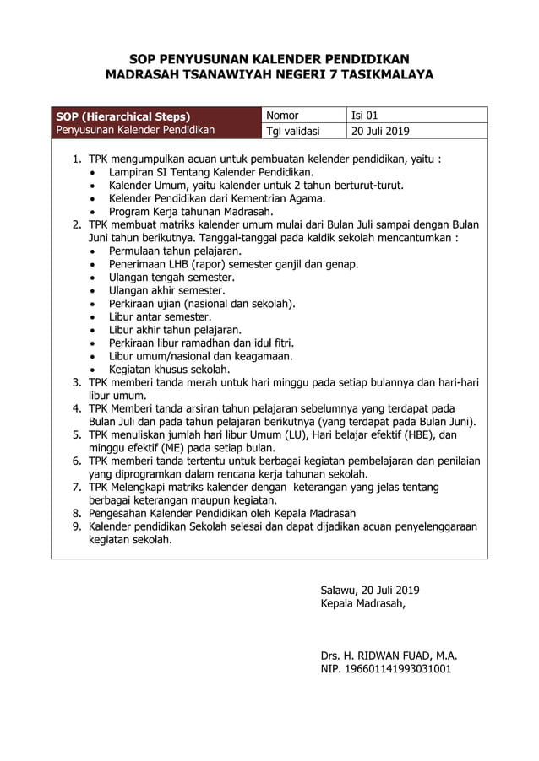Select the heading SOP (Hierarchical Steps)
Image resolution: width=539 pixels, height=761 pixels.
122,116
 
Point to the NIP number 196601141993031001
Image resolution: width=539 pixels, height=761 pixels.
385,669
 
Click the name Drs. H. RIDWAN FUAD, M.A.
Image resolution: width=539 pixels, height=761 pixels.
389,655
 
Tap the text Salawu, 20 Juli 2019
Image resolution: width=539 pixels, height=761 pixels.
370,590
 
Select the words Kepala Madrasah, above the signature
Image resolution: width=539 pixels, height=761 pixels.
362,603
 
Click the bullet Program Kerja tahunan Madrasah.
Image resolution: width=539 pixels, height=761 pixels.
191,211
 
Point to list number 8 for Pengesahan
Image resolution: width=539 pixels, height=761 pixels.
75,513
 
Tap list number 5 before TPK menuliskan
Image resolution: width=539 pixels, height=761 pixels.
75,434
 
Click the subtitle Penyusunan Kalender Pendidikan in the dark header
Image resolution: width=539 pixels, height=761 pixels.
135,130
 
